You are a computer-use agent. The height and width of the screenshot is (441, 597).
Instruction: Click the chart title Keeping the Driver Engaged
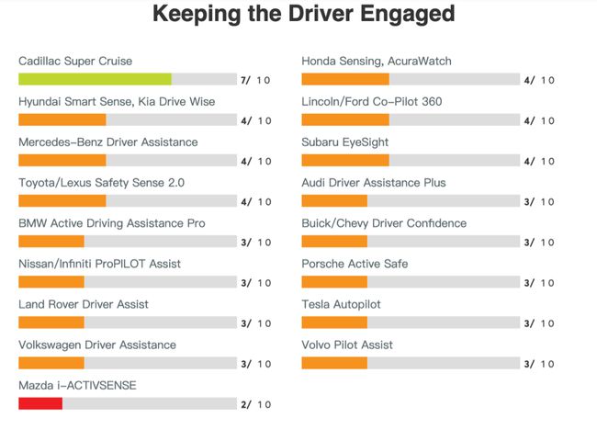pyautogui.click(x=303, y=15)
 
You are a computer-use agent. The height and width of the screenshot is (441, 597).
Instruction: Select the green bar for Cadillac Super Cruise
pyautogui.click(x=95, y=79)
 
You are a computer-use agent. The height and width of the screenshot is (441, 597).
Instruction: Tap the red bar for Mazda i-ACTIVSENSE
pyautogui.click(x=40, y=403)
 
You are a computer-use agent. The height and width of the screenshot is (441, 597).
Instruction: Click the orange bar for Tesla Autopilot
pyautogui.click(x=334, y=322)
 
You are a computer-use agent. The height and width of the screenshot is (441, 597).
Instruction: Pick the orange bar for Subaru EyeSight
pyautogui.click(x=345, y=160)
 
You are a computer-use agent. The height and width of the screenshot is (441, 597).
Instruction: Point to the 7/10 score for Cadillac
pyautogui.click(x=255, y=80)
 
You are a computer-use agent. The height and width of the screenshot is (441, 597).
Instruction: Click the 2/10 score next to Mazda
pyautogui.click(x=255, y=404)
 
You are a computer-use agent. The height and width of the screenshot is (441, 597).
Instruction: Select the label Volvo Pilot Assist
pyautogui.click(x=347, y=345)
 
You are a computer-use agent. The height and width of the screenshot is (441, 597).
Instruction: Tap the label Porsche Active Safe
pyautogui.click(x=355, y=264)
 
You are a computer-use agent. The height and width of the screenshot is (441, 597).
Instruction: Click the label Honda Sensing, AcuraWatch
pyautogui.click(x=377, y=61)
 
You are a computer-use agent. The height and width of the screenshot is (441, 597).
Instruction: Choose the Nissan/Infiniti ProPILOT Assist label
pyautogui.click(x=100, y=264)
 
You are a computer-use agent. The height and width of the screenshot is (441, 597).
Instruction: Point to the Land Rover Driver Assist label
pyautogui.click(x=84, y=304)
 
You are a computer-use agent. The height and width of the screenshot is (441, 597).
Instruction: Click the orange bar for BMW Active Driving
pyautogui.click(x=51, y=242)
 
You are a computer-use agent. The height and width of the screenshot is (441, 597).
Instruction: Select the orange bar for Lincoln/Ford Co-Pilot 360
pyautogui.click(x=345, y=119)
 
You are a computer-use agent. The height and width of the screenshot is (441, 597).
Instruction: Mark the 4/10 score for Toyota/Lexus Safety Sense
pyautogui.click(x=255, y=201)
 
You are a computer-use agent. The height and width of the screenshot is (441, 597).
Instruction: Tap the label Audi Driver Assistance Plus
pyautogui.click(x=374, y=183)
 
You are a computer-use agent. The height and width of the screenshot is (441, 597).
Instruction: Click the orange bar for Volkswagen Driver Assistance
pyautogui.click(x=51, y=363)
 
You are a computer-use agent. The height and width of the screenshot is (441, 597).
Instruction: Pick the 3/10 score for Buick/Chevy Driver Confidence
pyautogui.click(x=538, y=242)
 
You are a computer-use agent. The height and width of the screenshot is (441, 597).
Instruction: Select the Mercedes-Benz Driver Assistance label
pyautogui.click(x=108, y=142)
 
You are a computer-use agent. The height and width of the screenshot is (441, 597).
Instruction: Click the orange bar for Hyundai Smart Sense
pyautogui.click(x=62, y=119)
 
